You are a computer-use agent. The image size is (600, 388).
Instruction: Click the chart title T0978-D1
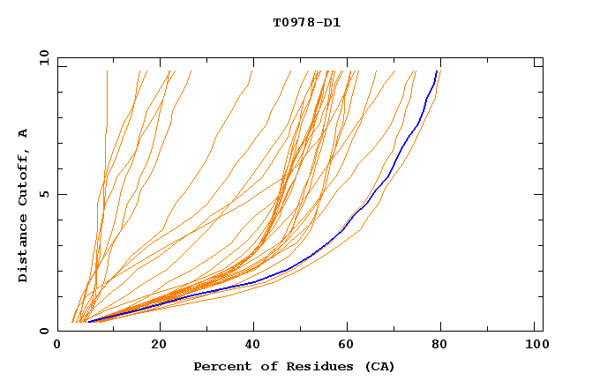point(306,22)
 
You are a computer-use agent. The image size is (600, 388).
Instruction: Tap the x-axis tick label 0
point(58,347)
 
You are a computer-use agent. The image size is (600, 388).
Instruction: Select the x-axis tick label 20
point(159,347)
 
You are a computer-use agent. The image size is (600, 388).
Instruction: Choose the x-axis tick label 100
point(535,347)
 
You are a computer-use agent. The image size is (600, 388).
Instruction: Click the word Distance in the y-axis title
point(24,250)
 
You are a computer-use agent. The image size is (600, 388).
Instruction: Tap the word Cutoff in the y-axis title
point(24,179)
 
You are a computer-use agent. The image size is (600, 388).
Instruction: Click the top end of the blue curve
point(437,71)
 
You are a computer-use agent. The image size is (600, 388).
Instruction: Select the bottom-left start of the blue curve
point(88,322)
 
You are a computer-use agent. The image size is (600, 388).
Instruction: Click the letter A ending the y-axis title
point(24,133)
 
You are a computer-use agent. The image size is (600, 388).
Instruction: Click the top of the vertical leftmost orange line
point(107,71)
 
